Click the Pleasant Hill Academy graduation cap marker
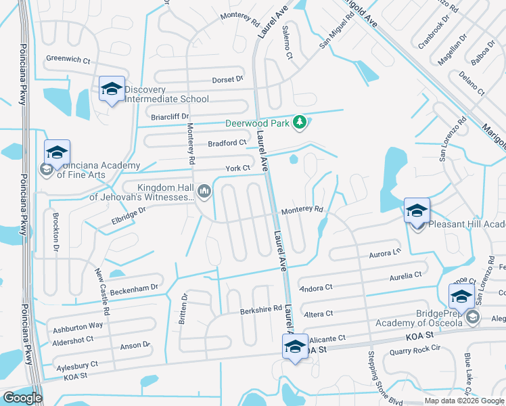417,211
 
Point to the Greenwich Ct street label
68,60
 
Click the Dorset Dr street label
227,80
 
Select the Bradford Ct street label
227,143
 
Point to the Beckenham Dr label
135,288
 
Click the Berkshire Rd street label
261,309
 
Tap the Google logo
22,398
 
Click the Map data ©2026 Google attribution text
464,401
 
